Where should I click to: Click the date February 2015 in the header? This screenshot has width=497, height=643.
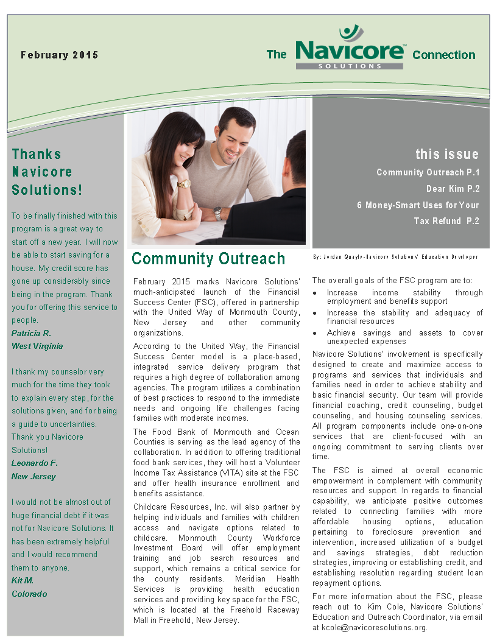[x=59, y=55]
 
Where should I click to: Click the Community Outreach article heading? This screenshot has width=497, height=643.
[x=208, y=259]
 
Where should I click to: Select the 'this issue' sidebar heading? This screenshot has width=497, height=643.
[x=447, y=154]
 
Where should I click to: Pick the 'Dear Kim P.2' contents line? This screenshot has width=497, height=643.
[x=453, y=189]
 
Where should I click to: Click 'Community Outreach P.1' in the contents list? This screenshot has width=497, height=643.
[x=428, y=172]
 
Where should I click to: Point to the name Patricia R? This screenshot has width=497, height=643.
[x=31, y=333]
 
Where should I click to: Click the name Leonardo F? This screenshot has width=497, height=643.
[x=34, y=463]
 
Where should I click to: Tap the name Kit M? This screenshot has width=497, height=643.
[x=23, y=580]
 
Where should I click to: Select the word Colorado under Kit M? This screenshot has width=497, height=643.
[x=29, y=594]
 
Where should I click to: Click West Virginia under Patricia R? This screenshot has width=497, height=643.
[x=37, y=346]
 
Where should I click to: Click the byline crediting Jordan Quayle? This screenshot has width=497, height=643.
[x=395, y=257]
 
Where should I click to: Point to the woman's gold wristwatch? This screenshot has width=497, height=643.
[x=184, y=183]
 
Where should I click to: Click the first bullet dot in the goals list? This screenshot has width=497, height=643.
[x=314, y=293]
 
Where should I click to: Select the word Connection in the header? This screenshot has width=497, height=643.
[x=443, y=55]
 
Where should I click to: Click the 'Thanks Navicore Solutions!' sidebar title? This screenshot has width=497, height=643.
[x=46, y=172]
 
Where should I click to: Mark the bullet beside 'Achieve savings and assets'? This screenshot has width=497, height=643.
[x=314, y=333]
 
